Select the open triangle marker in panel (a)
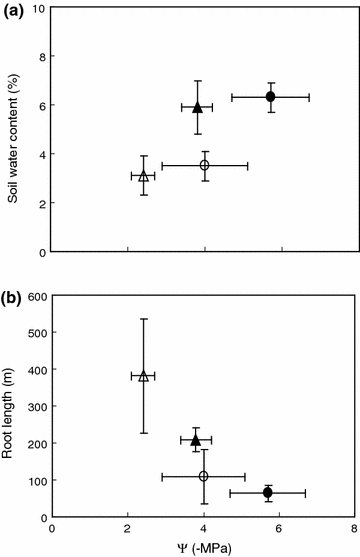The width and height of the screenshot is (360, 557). pyautogui.click(x=143, y=176)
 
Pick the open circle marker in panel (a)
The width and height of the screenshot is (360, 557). pyautogui.click(x=204, y=165)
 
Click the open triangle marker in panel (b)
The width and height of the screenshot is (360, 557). pyautogui.click(x=143, y=376)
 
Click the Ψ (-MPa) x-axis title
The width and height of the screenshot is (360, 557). pyautogui.click(x=204, y=548)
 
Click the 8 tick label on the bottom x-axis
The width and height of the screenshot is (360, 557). pyautogui.click(x=355, y=529)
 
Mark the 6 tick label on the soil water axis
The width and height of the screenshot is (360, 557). pyautogui.click(x=41, y=106)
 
